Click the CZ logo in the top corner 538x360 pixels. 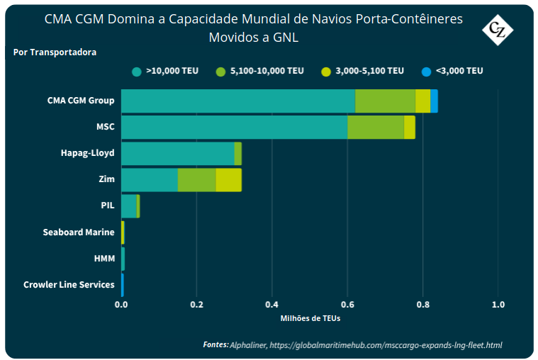point(498,30)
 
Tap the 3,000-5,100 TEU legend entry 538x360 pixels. point(362,71)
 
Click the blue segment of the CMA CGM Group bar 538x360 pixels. point(434,101)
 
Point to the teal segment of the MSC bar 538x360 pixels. point(234,128)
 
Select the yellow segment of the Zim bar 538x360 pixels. point(228,180)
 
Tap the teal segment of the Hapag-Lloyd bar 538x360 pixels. point(177,154)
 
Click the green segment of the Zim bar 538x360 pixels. point(196,180)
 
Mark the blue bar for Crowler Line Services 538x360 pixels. point(122,285)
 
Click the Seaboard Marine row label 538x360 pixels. point(78,232)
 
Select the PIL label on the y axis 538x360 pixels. point(107,206)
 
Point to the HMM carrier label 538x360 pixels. point(103,259)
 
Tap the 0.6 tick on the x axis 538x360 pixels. point(347,305)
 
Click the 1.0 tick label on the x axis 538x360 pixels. point(498,305)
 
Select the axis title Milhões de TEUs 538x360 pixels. point(310,318)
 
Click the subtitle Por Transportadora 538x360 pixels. point(55,52)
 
